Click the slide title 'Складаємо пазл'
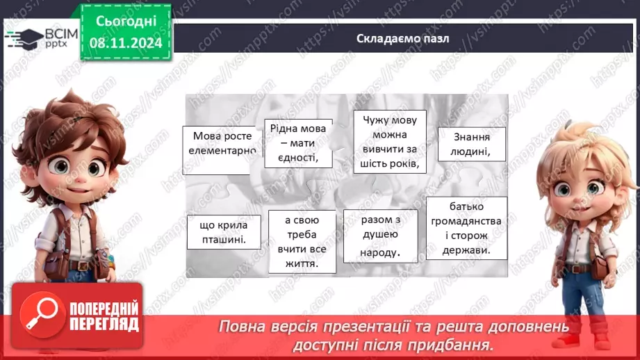(x=398, y=39)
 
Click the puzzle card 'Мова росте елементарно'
(x=220, y=142)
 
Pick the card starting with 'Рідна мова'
(x=297, y=143)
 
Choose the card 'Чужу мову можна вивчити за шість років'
(x=389, y=142)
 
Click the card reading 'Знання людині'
(x=471, y=144)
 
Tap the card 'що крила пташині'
(x=223, y=232)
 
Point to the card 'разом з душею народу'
(x=380, y=236)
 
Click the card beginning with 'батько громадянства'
(x=466, y=228)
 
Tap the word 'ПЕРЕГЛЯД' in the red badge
(x=104, y=324)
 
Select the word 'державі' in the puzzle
(x=468, y=251)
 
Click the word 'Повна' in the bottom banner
(x=240, y=327)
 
